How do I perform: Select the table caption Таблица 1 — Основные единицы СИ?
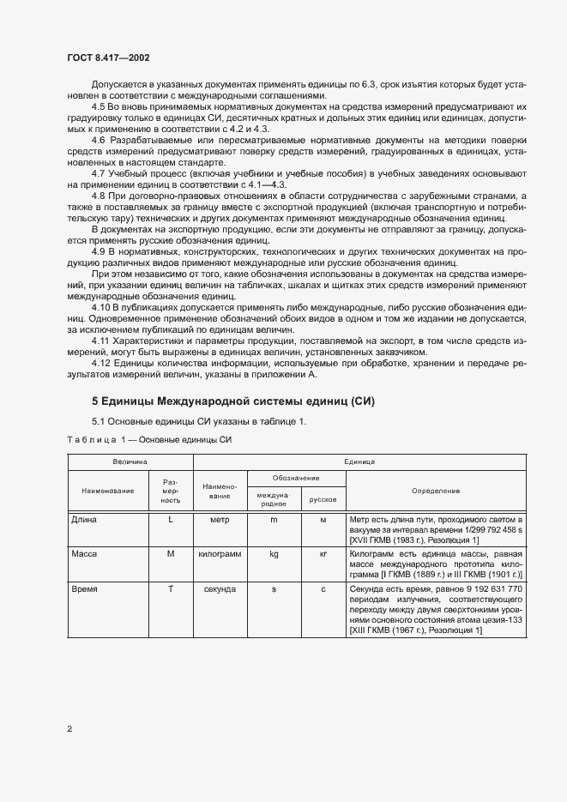pos(150,440)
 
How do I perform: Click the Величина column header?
pos(130,461)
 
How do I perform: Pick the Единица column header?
pos(359,461)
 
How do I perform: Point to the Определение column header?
pos(436,491)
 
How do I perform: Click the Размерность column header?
pos(170,491)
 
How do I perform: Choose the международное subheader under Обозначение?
pos(274,498)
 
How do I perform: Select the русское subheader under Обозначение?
pos(323,498)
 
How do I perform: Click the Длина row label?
pos(85,520)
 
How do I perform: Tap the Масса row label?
pos(86,554)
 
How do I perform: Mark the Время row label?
pos(86,590)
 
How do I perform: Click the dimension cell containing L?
pos(170,520)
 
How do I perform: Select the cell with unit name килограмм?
pos(220,554)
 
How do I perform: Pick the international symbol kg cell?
pos(274,554)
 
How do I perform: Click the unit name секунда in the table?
pos(220,590)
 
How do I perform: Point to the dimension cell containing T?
pos(170,590)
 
